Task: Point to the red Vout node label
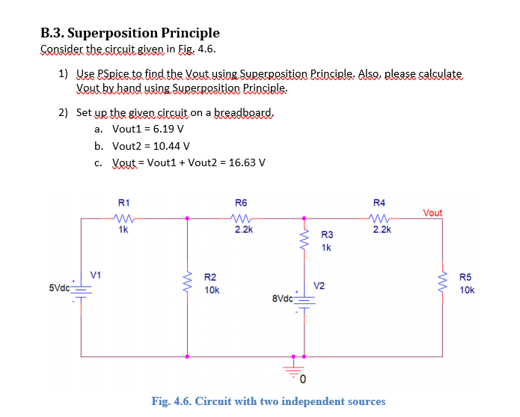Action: pyautogui.click(x=432, y=213)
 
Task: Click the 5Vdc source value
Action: pyautogui.click(x=60, y=287)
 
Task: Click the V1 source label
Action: pyautogui.click(x=96, y=275)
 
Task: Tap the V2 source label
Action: pyautogui.click(x=319, y=285)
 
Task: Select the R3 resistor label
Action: pyautogui.click(x=327, y=235)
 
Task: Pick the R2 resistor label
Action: pyautogui.click(x=211, y=277)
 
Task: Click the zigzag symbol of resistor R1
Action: pyautogui.click(x=124, y=219)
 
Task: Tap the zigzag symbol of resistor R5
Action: pyautogui.click(x=442, y=283)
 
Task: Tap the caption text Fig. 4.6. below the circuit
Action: pyautogui.click(x=171, y=401)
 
